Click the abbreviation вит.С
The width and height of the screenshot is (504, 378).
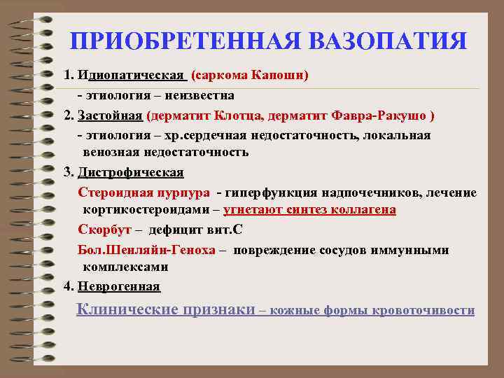[x=224, y=230]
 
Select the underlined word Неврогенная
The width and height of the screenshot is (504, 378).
[x=120, y=286]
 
